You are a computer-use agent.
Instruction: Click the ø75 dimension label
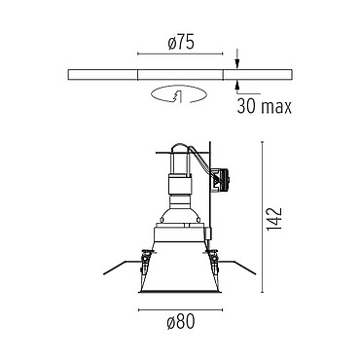coord(181,43)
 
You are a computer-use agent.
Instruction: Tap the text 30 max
coord(265,106)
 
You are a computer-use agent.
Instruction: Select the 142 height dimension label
coord(274,219)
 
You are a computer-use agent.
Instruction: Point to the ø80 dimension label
coord(181,322)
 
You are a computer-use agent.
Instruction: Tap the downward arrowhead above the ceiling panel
coord(237,64)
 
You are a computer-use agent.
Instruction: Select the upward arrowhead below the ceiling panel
coord(237,85)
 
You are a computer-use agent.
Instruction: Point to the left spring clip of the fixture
coord(146,261)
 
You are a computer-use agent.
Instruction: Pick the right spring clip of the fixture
coord(214,261)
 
